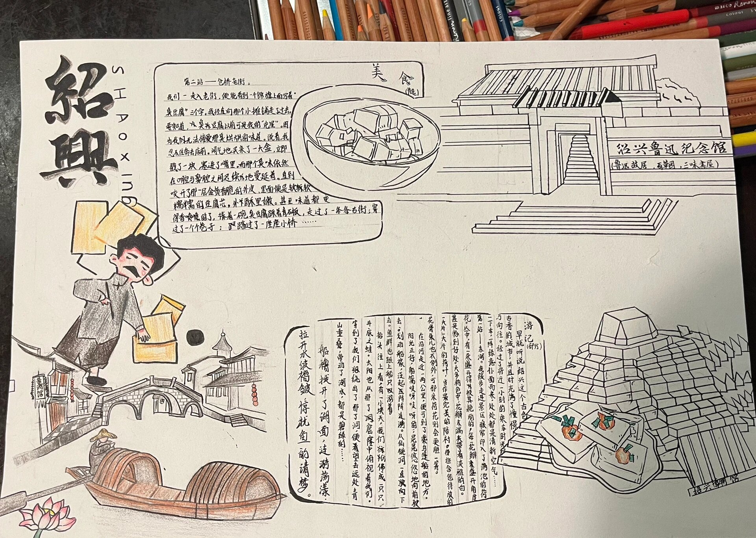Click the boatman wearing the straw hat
103,445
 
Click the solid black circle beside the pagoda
195,337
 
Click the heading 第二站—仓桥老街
217,82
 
